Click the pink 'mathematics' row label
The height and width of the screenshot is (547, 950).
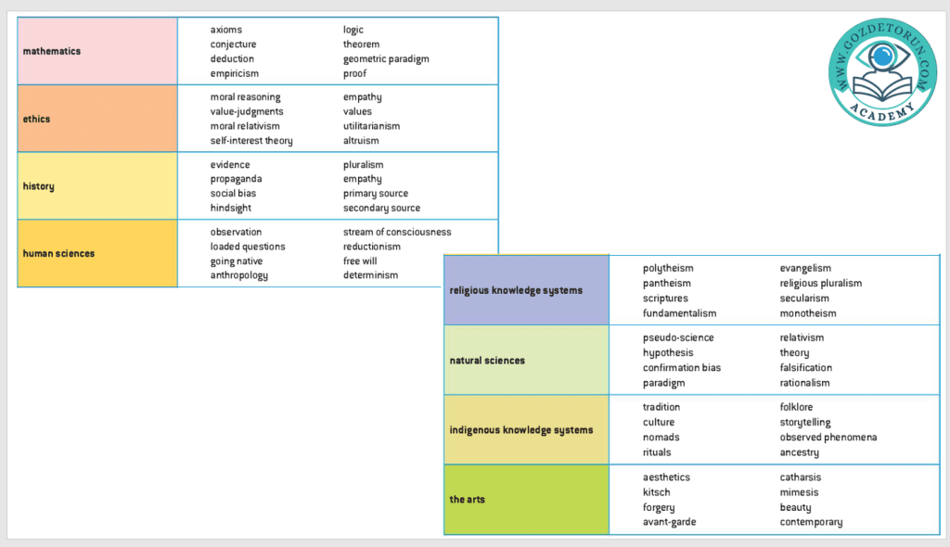pos(52,51)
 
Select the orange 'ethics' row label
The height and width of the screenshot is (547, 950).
pos(37,119)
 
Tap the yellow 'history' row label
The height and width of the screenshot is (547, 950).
pos(39,186)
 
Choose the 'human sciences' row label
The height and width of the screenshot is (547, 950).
pos(58,253)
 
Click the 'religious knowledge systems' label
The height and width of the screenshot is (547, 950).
pos(516,290)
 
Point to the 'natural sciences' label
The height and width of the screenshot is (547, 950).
pos(487,361)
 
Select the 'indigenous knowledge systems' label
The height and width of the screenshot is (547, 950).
pos(521,430)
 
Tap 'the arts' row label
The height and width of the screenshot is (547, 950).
pos(468,500)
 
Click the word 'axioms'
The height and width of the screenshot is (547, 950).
pos(226,30)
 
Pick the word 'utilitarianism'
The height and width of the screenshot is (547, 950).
pos(371,126)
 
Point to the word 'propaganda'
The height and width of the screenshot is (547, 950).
pos(236,179)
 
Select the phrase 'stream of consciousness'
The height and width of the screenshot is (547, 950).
pos(397,232)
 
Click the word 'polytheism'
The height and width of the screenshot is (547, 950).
pos(668,269)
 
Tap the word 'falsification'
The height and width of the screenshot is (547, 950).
pos(806,368)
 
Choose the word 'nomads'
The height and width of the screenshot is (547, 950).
pos(661,438)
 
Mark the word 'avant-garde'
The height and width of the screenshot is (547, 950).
pos(670,522)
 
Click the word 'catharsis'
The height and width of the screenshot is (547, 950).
pos(800,477)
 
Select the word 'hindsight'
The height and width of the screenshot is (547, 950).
pos(231,208)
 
